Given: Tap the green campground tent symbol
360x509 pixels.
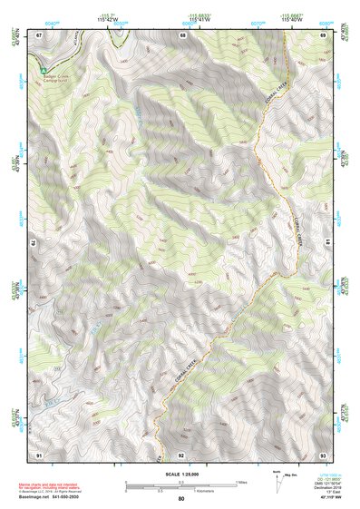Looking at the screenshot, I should tap(42, 69).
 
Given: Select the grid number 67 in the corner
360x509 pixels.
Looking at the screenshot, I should tap(39, 34).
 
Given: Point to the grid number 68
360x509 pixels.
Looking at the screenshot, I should tap(182, 34).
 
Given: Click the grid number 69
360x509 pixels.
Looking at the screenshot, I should tap(323, 34).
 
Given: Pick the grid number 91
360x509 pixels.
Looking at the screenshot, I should tap(39, 454).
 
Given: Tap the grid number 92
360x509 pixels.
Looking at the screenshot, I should tap(181, 454).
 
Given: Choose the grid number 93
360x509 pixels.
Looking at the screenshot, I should tap(323, 454).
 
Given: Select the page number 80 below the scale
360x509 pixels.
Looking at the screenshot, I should tap(181, 499).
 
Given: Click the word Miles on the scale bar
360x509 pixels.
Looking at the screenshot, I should tap(239, 482).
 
